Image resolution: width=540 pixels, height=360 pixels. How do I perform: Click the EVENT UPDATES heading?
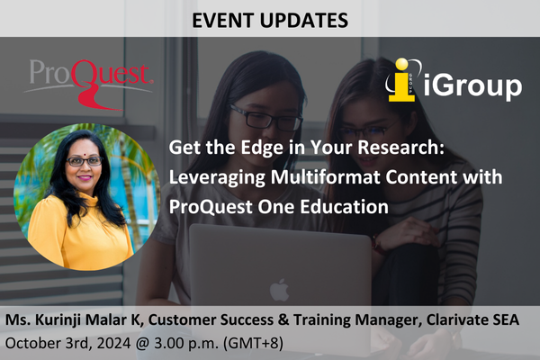tap(269, 18)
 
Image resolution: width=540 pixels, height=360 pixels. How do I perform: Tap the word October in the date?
tap(35, 343)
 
